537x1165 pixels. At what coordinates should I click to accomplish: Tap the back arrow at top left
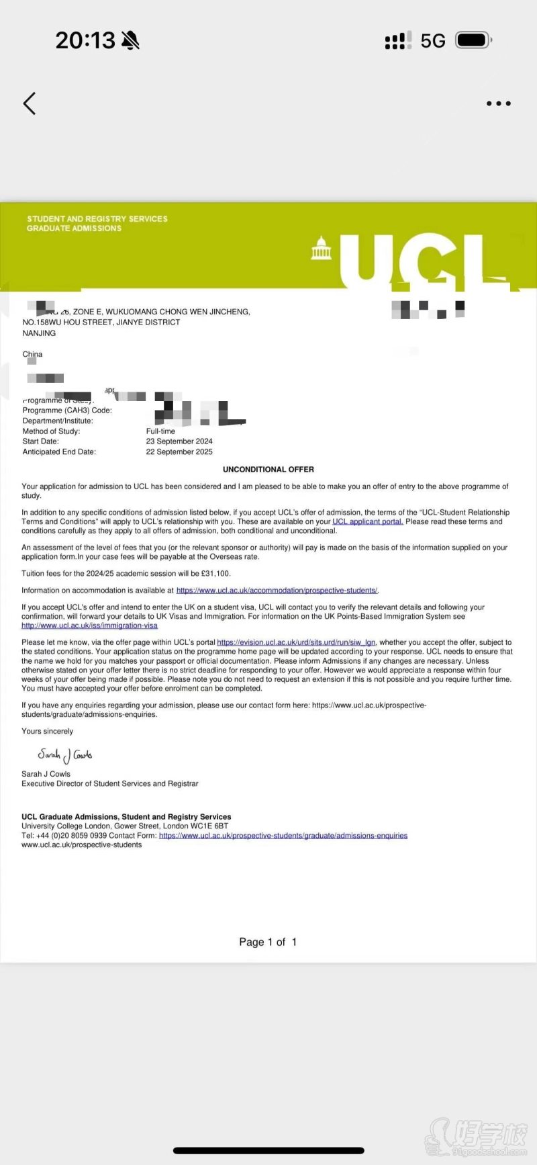[x=30, y=103]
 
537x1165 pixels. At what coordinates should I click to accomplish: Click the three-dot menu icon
[x=498, y=103]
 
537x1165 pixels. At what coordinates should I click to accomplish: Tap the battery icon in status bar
[x=473, y=40]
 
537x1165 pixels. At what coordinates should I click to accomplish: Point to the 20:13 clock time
[x=85, y=40]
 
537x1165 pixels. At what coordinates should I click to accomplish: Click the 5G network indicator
[x=433, y=41]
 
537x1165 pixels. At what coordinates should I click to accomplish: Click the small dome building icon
[x=322, y=248]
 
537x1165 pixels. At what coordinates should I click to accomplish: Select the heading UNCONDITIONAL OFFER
[x=268, y=470]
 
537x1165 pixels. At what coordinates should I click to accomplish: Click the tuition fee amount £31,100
[x=215, y=574]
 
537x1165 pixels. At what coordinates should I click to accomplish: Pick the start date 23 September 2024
[x=179, y=441]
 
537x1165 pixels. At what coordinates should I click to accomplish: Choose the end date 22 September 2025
[x=179, y=452]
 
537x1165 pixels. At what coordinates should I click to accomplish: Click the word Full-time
[x=160, y=431]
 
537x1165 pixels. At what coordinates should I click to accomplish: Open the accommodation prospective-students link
[x=277, y=591]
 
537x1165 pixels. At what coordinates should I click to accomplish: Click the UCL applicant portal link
[x=367, y=521]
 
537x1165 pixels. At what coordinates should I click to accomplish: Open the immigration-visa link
[x=89, y=625]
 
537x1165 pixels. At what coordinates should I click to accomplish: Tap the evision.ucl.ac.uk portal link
[x=296, y=642]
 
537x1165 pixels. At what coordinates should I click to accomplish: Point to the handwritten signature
[x=65, y=755]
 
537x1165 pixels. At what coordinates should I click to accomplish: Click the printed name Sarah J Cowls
[x=46, y=774]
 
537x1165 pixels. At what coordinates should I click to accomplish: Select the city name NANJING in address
[x=39, y=333]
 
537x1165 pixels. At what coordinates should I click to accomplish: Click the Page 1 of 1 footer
[x=268, y=942]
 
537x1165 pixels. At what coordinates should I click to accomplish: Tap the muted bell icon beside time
[x=131, y=41]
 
